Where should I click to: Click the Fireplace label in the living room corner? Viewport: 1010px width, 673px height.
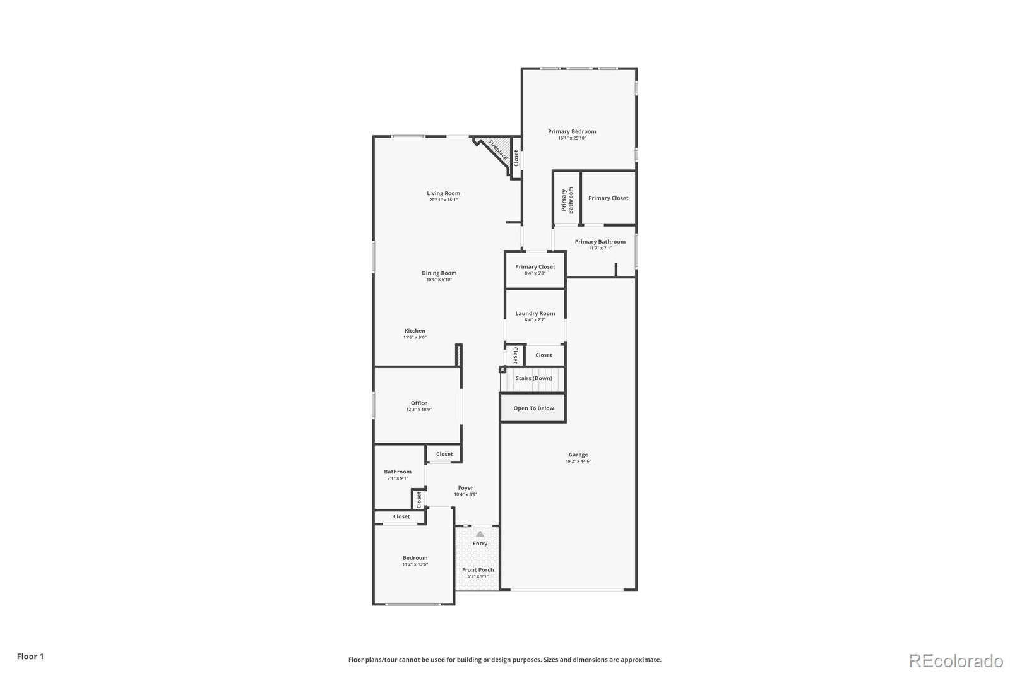[x=497, y=150]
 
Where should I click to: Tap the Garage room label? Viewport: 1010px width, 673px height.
[x=578, y=455]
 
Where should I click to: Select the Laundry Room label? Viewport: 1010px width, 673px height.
[x=535, y=313]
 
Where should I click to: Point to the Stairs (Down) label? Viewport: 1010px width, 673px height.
[x=533, y=378]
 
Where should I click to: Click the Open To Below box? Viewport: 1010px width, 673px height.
[x=533, y=408]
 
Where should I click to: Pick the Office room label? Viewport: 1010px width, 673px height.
[x=419, y=403]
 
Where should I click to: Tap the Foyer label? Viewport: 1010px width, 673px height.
[x=465, y=488]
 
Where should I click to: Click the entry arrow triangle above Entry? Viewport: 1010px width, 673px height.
[x=480, y=533]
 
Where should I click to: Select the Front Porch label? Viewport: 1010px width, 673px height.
[x=478, y=569]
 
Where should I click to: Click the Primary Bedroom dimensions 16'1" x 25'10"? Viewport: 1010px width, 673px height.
[x=572, y=138]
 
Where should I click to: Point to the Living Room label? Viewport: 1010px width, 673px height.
[x=443, y=193]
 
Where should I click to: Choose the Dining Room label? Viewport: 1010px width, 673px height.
[x=439, y=273]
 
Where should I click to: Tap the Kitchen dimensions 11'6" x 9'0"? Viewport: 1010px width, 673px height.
[x=415, y=337]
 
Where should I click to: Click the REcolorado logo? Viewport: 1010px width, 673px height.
[x=955, y=661]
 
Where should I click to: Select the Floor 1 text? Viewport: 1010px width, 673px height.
[x=30, y=657]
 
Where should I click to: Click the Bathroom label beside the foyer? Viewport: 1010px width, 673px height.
[x=398, y=472]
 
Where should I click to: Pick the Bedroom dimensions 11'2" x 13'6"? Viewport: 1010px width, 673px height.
[x=415, y=564]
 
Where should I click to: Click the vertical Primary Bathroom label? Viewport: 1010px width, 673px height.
[x=567, y=200]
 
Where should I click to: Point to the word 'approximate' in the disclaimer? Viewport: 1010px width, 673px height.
[x=640, y=660]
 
